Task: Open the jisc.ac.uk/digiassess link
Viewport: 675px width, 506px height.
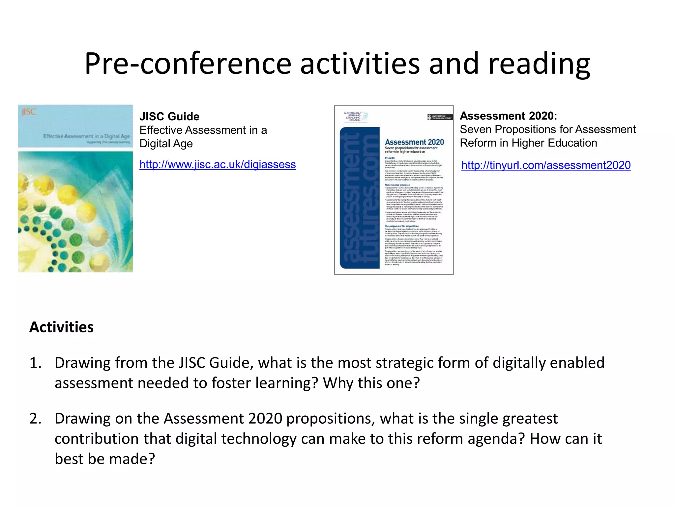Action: point(218,164)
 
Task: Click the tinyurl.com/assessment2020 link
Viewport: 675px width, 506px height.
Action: point(546,165)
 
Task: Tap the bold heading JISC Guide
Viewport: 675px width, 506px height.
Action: point(169,117)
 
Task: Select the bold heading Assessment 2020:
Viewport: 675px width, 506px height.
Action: point(508,116)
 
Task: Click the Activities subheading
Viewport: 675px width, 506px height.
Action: point(61,327)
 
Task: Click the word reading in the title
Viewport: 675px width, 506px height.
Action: point(539,63)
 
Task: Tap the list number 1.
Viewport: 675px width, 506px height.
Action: point(35,363)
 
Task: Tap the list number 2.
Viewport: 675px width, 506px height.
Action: point(35,419)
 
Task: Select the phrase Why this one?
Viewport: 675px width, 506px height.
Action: point(371,383)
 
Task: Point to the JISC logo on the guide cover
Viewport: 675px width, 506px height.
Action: point(29,112)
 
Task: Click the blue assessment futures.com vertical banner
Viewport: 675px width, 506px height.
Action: point(360,198)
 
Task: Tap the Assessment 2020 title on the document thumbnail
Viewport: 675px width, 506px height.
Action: point(414,142)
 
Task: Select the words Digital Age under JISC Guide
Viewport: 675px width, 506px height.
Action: point(166,144)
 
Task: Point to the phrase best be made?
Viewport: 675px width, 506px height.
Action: point(105,459)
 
